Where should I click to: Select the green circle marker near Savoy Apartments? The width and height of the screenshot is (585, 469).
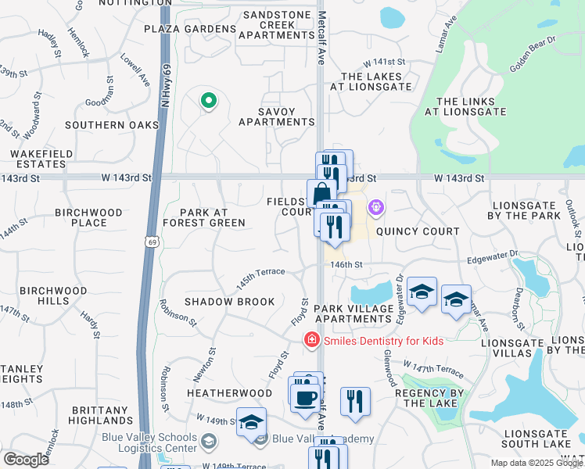tap(208, 101)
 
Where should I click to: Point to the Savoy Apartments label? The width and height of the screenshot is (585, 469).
tap(276, 116)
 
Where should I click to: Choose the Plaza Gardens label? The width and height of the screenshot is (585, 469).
tap(190, 29)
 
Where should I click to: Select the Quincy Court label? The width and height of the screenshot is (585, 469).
tap(418, 231)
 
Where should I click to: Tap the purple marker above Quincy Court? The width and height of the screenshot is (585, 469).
tap(376, 208)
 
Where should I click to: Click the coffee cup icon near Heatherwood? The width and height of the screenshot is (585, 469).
tap(304, 397)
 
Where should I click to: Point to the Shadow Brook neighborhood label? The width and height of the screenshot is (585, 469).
tap(229, 302)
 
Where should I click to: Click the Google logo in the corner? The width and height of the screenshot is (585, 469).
tap(26, 459)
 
